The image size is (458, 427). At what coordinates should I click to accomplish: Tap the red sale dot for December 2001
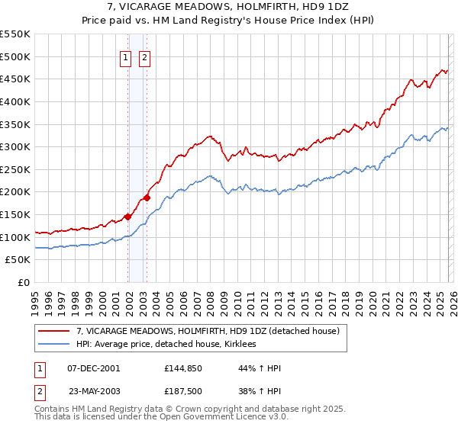click(x=127, y=217)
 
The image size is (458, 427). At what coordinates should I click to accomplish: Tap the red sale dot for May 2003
click(x=147, y=197)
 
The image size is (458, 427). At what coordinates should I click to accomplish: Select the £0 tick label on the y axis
click(x=24, y=282)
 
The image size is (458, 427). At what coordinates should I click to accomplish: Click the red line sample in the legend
click(x=54, y=331)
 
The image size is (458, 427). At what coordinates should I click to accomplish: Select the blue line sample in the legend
click(x=54, y=345)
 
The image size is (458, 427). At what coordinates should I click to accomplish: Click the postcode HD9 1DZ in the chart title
click(x=273, y=8)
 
